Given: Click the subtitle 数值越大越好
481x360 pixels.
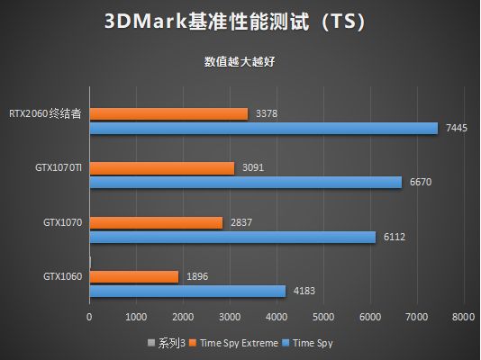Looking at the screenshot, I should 240,62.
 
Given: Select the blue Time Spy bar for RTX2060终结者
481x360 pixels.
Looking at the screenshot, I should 263,129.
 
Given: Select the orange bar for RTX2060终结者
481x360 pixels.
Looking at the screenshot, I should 168,114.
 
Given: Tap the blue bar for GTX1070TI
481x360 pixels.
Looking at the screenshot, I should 245,183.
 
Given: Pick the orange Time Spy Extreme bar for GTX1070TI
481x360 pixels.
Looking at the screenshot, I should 161,168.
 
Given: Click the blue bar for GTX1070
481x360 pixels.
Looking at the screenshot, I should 232,237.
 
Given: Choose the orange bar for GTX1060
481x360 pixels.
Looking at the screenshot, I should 133,276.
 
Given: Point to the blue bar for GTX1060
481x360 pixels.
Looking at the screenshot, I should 187,291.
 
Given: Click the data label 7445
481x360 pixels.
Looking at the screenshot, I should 456,129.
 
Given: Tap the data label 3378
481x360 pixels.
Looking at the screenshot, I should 266,114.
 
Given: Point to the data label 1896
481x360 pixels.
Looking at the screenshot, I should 196,276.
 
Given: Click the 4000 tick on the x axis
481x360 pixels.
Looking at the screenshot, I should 277,318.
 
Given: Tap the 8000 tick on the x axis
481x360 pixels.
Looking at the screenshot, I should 463,318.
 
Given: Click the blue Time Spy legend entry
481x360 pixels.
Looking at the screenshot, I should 311,342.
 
